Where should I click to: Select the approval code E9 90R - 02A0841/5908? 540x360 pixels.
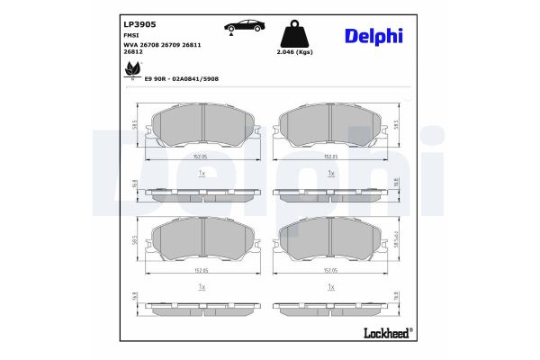coord(181,79)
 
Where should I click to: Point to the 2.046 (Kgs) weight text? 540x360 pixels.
coord(297,53)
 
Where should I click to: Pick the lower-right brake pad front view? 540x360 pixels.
coord(330,240)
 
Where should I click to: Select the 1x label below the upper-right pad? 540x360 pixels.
coord(330,172)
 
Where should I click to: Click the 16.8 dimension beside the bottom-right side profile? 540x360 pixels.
coord(396,297)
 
